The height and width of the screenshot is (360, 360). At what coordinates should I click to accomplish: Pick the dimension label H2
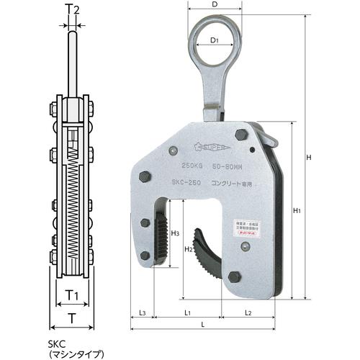(189, 250)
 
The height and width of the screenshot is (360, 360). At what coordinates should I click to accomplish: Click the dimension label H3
(176, 234)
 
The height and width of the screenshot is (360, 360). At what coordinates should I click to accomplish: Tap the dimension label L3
(142, 313)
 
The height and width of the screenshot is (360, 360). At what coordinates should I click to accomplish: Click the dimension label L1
(186, 313)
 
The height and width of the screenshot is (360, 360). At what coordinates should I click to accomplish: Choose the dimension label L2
(247, 313)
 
